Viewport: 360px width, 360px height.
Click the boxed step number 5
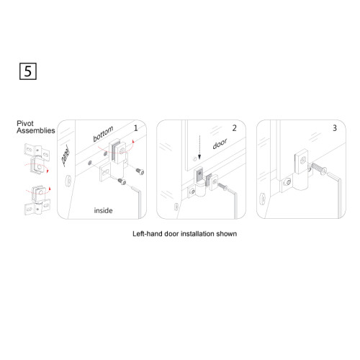(x=28, y=71)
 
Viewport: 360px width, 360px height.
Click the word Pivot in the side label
(x=25, y=124)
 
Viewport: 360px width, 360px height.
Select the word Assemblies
(x=36, y=130)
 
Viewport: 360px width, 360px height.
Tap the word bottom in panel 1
(x=103, y=134)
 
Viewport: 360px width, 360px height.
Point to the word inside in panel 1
(x=103, y=210)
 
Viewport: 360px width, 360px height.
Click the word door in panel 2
(x=220, y=144)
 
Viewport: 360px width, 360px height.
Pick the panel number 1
(x=135, y=128)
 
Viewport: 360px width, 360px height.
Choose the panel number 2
(x=234, y=128)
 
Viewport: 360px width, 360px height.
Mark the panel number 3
(x=335, y=128)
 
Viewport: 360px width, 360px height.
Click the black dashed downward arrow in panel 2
(x=199, y=148)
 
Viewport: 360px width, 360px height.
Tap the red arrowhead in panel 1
(x=134, y=141)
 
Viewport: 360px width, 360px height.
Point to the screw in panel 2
(x=222, y=186)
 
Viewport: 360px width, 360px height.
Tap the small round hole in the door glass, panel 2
(x=195, y=159)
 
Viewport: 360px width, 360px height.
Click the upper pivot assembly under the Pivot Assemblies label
(x=37, y=158)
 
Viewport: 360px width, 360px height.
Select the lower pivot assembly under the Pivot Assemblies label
(x=37, y=199)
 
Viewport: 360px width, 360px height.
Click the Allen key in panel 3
(x=336, y=192)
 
